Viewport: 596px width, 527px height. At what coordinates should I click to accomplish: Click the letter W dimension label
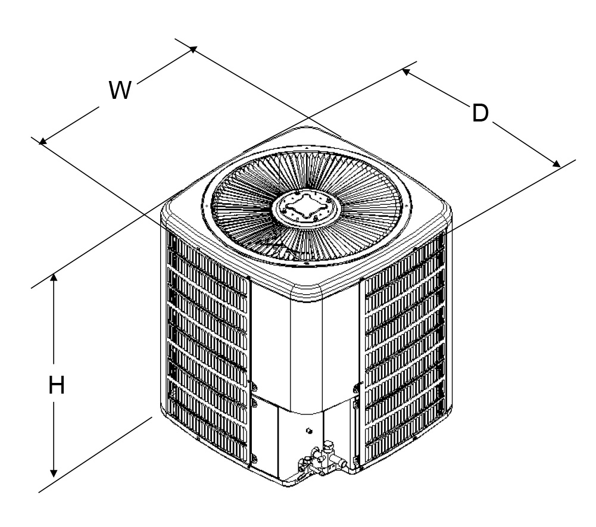(x=120, y=90)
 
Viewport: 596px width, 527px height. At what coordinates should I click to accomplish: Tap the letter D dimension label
(x=480, y=113)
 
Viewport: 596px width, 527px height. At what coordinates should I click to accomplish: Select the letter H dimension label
(x=56, y=385)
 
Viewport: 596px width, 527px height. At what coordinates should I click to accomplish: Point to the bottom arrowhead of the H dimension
(x=54, y=473)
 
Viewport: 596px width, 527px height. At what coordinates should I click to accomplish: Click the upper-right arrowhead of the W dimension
(x=193, y=49)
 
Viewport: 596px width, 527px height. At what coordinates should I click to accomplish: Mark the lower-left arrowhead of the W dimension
(x=43, y=142)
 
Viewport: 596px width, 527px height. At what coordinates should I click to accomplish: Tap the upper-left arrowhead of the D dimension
(x=406, y=71)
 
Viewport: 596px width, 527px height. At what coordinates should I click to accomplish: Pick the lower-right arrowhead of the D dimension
(x=556, y=164)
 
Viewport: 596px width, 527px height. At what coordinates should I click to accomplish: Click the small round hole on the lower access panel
(x=309, y=431)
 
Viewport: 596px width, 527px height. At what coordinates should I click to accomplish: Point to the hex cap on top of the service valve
(x=329, y=444)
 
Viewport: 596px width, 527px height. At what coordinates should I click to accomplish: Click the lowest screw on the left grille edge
(x=254, y=458)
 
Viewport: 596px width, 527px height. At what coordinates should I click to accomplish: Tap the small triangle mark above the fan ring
(x=307, y=146)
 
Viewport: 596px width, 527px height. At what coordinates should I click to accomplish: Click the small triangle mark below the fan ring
(x=306, y=263)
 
